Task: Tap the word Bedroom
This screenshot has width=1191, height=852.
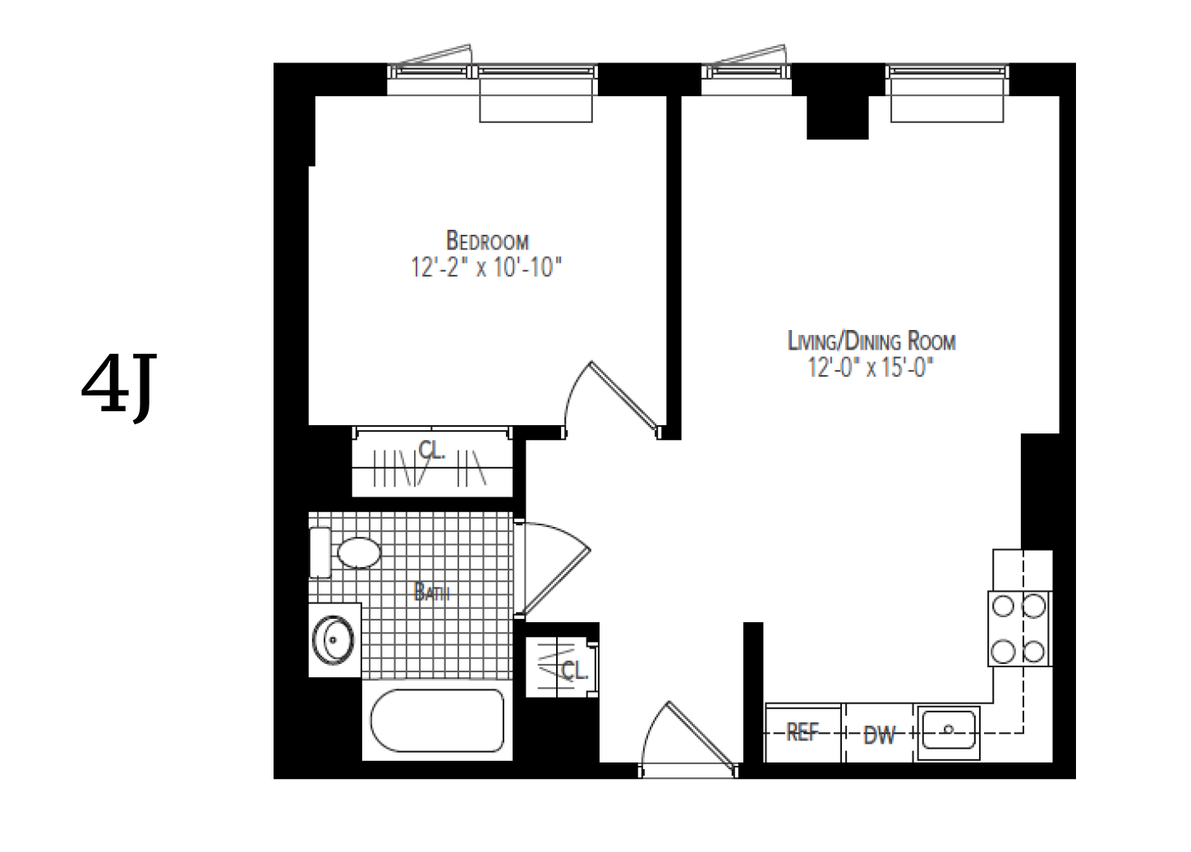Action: point(486,241)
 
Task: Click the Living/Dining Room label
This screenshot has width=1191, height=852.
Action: point(871,341)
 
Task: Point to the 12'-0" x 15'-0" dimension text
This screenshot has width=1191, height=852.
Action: point(871,368)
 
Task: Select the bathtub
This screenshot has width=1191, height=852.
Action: point(436,721)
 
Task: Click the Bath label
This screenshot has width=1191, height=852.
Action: point(431,592)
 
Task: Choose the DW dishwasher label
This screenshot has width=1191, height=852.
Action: point(879,735)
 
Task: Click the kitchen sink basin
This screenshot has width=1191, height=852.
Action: point(949,729)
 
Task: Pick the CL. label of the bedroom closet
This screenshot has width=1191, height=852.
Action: point(431,450)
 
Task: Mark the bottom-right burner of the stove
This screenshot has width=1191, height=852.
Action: point(1035,652)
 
